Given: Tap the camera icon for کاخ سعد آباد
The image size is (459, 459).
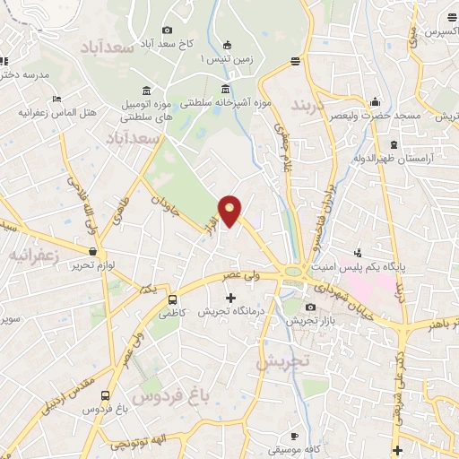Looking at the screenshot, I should [x=168, y=30].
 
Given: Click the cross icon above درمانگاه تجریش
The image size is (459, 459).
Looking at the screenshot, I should [x=230, y=298].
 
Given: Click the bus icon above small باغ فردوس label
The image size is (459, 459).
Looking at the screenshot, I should [x=107, y=395].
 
